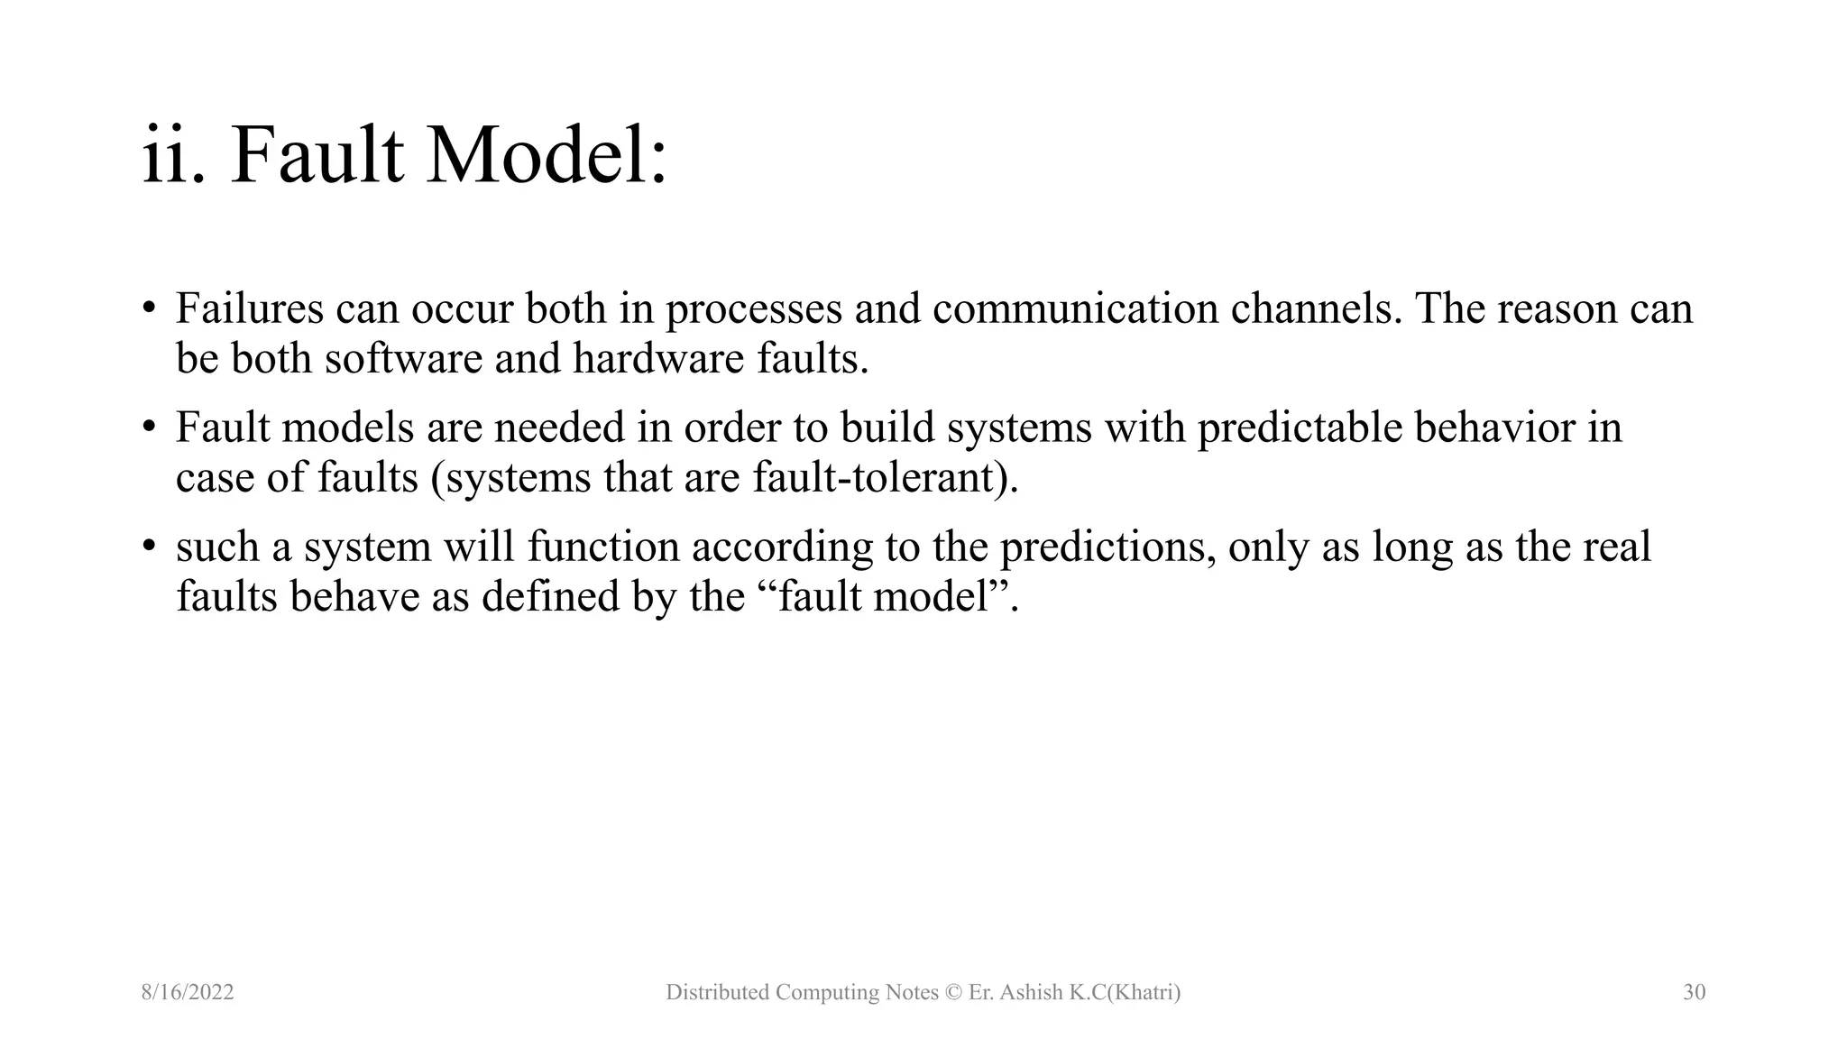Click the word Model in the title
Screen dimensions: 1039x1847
click(x=546, y=157)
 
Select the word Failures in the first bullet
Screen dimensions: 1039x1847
click(x=249, y=309)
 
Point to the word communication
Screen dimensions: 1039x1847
click(x=1075, y=309)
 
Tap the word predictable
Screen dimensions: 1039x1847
click(x=1300, y=428)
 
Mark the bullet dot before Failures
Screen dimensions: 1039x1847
click(x=149, y=307)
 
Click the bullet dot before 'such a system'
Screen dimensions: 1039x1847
click(x=149, y=545)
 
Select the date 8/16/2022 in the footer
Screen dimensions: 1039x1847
click(x=188, y=993)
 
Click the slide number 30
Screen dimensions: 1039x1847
click(x=1694, y=993)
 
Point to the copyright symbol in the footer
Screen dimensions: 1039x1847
click(x=953, y=993)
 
